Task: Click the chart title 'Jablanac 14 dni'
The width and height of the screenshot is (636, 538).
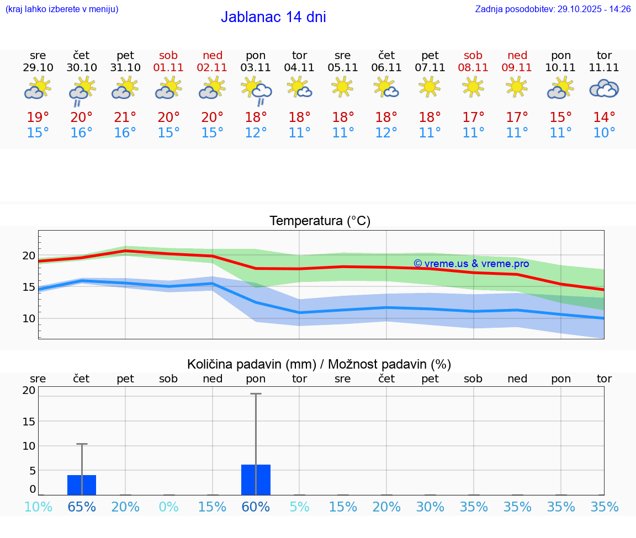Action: pyautogui.click(x=273, y=17)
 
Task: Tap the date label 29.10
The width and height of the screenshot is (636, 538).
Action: pyautogui.click(x=38, y=67)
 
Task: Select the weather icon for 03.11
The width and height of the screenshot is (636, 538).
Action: pyautogui.click(x=256, y=90)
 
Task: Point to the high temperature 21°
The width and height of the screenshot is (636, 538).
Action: pyautogui.click(x=125, y=118)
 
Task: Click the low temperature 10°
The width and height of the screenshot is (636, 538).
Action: pyautogui.click(x=604, y=133)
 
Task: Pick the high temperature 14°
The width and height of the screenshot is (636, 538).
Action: pyautogui.click(x=604, y=118)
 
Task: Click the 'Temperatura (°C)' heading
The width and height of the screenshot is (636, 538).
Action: pyautogui.click(x=320, y=221)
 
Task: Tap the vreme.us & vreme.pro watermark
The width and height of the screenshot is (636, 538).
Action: pyautogui.click(x=471, y=264)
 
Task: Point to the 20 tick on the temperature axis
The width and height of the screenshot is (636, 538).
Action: pyautogui.click(x=29, y=255)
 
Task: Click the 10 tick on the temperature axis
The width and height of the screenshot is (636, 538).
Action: pyautogui.click(x=29, y=318)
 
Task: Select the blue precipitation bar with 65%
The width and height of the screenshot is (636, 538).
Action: pyautogui.click(x=82, y=485)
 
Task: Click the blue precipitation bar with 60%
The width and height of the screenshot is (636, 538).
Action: pyautogui.click(x=256, y=480)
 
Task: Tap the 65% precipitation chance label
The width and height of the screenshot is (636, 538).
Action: pyautogui.click(x=82, y=507)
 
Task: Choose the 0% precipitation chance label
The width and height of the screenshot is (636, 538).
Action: pyautogui.click(x=168, y=507)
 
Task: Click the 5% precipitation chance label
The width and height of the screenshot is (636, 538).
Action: pyautogui.click(x=299, y=507)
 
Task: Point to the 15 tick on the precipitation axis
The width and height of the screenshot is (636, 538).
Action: pyautogui.click(x=29, y=421)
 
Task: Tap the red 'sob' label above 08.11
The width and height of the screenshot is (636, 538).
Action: pyautogui.click(x=473, y=55)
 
